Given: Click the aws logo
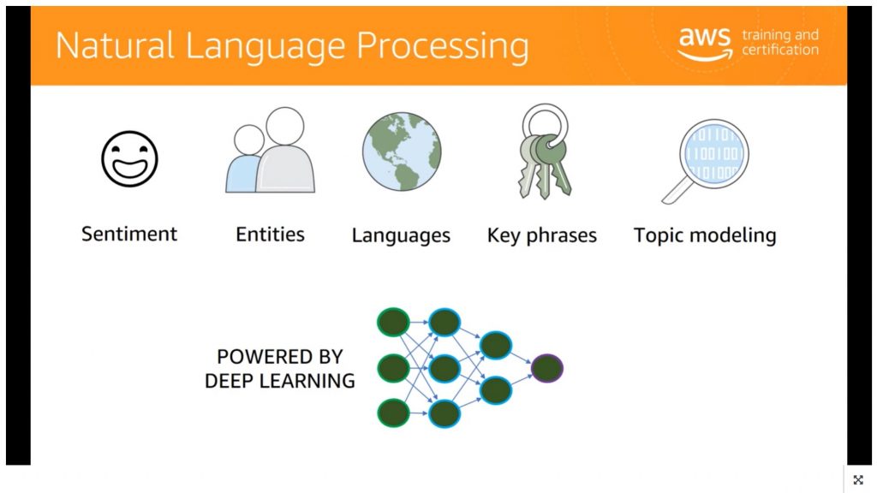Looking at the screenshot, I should [x=705, y=43].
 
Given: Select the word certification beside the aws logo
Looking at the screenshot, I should [x=779, y=50].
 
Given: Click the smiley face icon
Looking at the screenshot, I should [x=129, y=158].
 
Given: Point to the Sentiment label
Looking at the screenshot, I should [x=129, y=234].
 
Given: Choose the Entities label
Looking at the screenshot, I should [x=270, y=234].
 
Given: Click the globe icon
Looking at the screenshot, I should [x=401, y=151].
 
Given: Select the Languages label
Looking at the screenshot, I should [x=401, y=235].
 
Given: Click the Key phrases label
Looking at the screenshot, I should [x=541, y=235].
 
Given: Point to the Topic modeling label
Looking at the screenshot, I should [x=705, y=235].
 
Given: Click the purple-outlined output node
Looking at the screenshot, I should [x=546, y=368].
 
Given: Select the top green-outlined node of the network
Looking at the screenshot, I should [x=393, y=323].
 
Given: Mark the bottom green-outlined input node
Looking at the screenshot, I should [x=393, y=413].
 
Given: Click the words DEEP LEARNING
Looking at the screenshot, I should [x=279, y=381].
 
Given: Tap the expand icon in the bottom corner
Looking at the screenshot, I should [x=858, y=479].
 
